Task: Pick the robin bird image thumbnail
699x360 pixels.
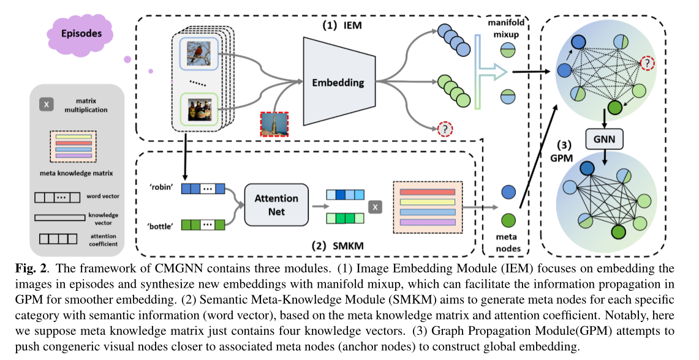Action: click(197, 53)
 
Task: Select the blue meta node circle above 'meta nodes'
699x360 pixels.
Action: click(508, 192)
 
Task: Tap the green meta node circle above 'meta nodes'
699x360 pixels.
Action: click(508, 220)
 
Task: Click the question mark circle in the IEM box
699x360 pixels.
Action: click(445, 129)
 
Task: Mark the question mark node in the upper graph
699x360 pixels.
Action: click(648, 63)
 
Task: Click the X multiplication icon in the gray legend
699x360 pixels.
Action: click(46, 105)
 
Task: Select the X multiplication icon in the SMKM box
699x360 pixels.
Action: click(374, 206)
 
